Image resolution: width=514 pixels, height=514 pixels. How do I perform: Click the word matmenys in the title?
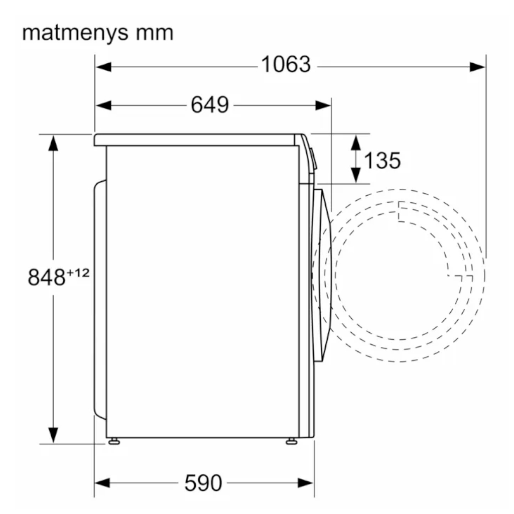75,33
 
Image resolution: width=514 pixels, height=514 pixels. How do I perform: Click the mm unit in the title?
155,33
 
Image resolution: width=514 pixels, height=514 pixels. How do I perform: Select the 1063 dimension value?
286,64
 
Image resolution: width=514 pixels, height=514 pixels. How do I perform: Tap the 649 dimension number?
210,105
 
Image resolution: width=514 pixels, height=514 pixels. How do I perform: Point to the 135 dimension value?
382,160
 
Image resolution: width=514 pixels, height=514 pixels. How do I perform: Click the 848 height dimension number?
47,277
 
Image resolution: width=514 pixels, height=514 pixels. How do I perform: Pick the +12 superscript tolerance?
78,273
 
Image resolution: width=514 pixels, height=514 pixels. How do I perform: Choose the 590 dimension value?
203,483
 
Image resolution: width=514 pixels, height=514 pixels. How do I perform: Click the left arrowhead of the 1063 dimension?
103,67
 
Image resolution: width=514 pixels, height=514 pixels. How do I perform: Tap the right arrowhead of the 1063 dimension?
478,67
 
